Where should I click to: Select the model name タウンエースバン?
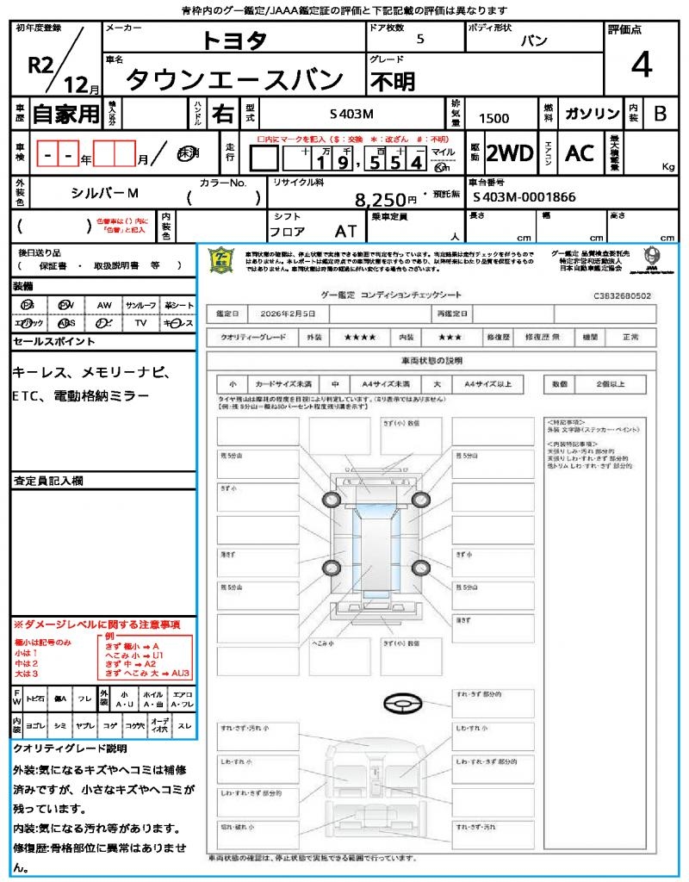[234, 79]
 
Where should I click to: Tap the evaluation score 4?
[641, 65]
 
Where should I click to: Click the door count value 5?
[419, 40]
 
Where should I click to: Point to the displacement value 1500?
[493, 118]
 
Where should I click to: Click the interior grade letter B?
[660, 114]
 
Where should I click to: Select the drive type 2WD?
[509, 153]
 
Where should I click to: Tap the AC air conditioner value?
[580, 153]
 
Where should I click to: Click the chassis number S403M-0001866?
[524, 197]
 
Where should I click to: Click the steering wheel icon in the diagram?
[400, 704]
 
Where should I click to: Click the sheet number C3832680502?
[622, 295]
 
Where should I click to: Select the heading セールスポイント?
[54, 342]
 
